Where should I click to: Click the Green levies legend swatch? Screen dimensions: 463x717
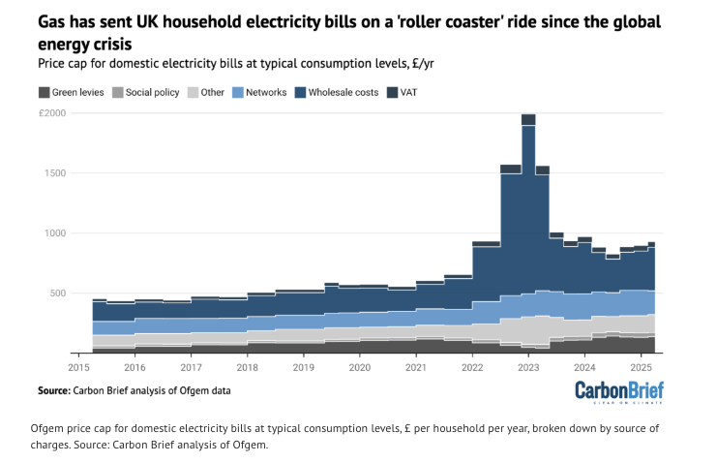point(45,93)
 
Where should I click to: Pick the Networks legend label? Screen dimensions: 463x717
point(267,93)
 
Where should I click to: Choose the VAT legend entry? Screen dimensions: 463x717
point(411,93)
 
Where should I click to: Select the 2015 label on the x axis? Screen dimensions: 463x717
point(78,368)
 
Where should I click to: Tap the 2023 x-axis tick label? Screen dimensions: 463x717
point(528,368)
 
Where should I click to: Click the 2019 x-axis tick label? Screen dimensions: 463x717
point(303,368)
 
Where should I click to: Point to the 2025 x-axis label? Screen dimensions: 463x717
point(641,368)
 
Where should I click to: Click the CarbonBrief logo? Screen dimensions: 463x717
point(620,391)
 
